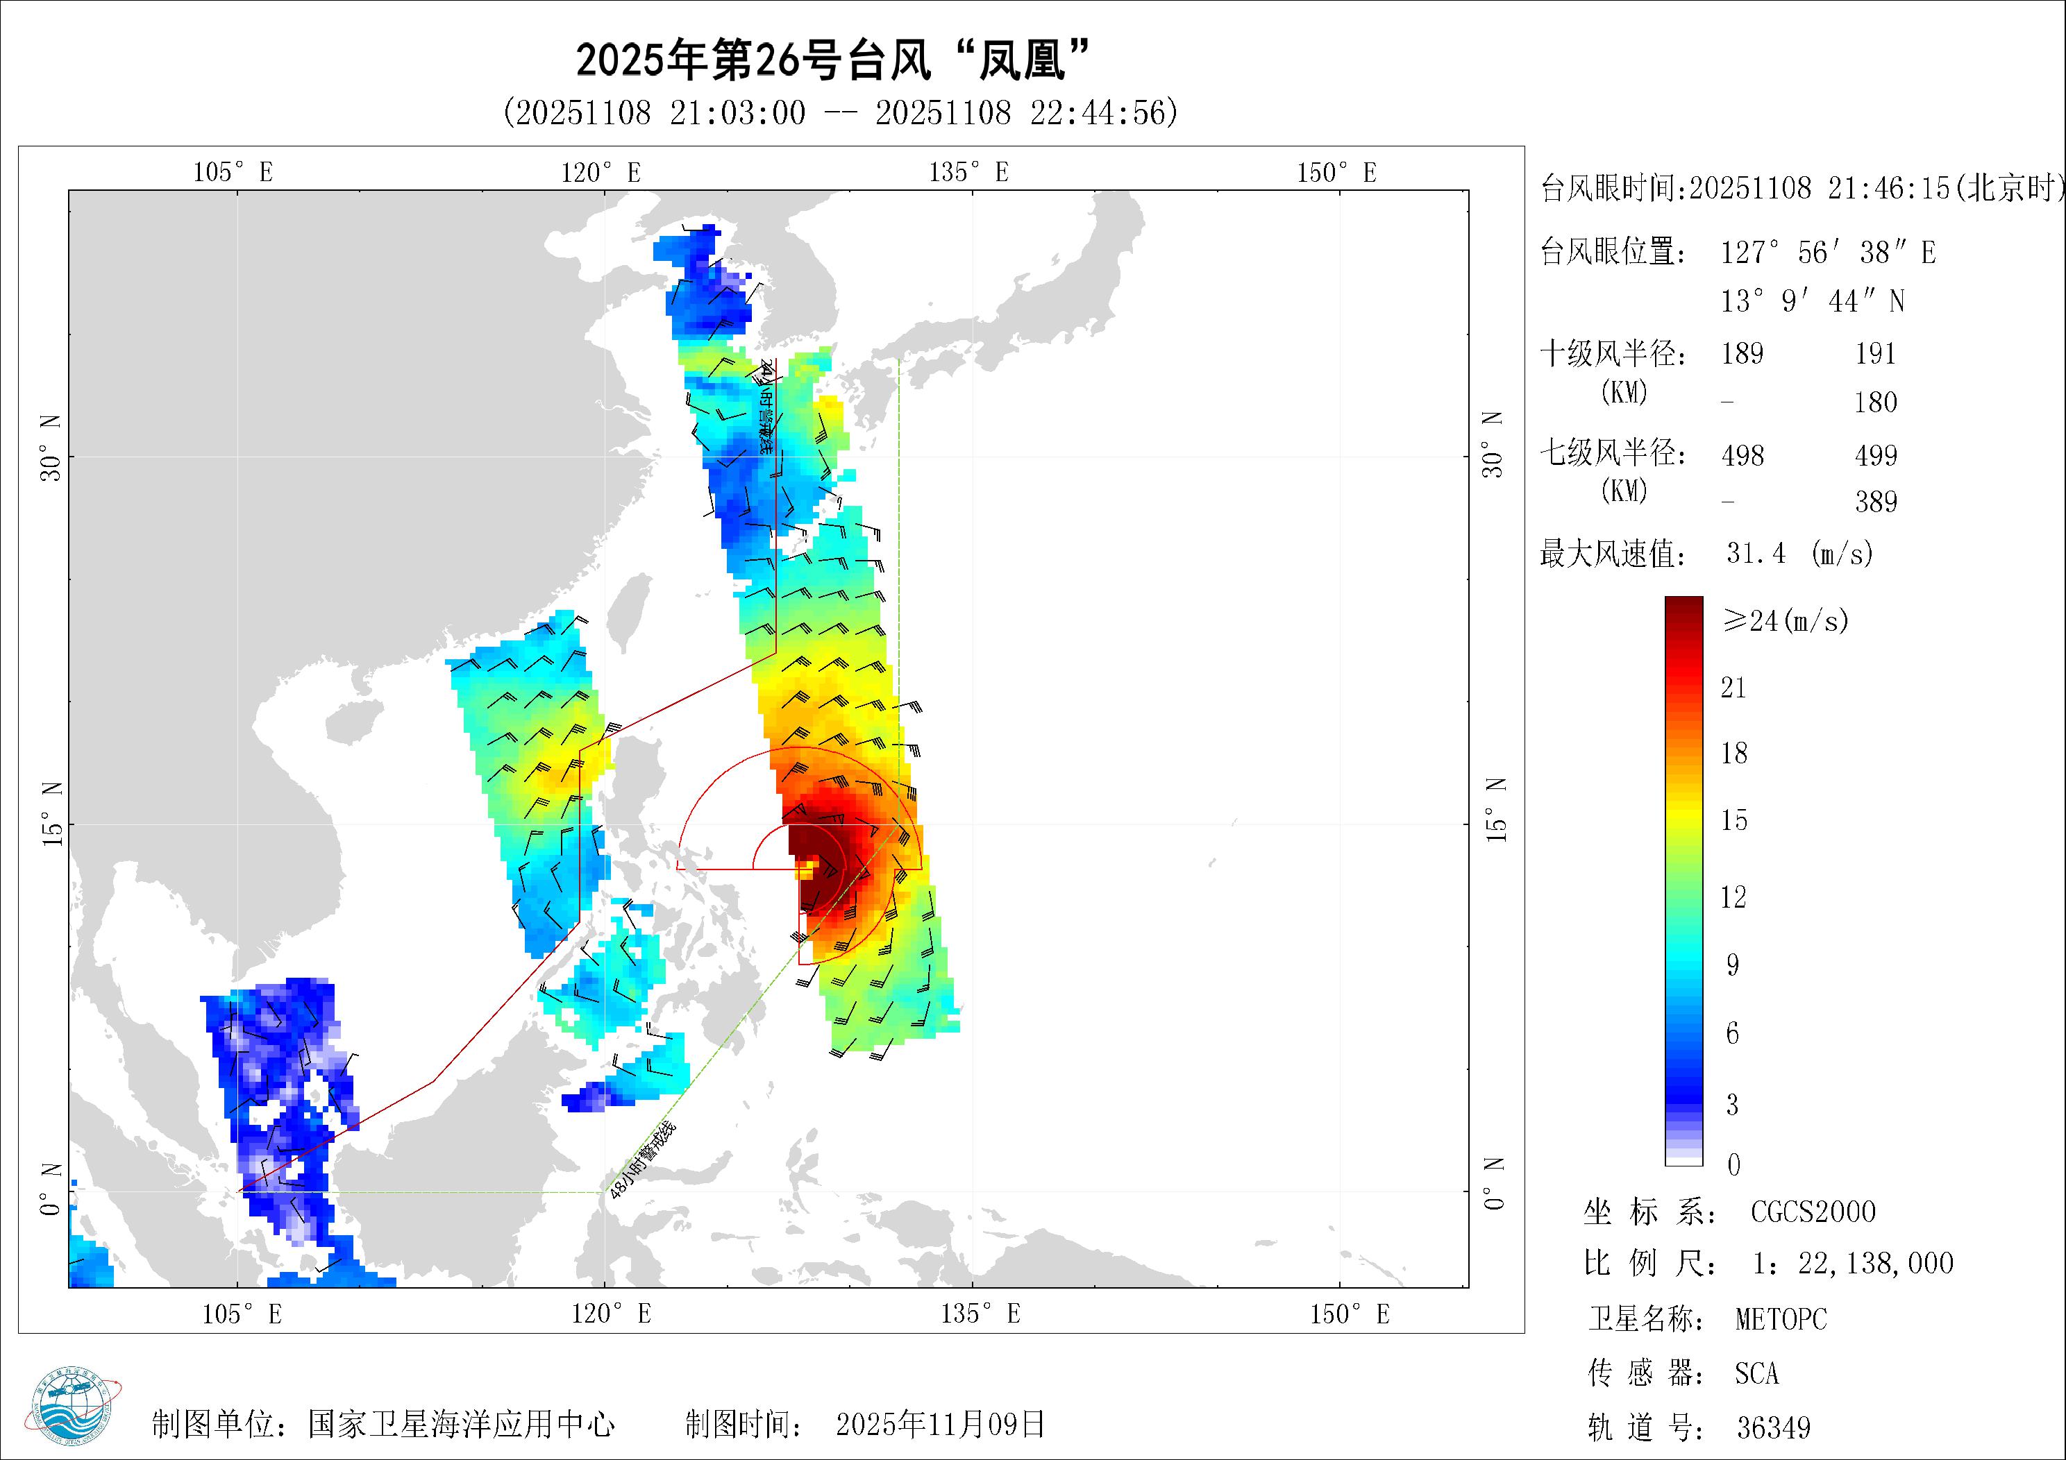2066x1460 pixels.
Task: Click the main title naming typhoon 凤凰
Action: coord(832,60)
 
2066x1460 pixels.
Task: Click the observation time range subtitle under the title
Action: coord(841,113)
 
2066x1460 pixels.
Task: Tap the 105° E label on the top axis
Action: coord(233,172)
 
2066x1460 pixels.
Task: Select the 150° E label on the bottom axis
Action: coord(1349,1314)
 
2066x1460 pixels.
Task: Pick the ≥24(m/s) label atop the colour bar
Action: coord(1786,620)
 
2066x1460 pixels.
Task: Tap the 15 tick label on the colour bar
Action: coord(1733,820)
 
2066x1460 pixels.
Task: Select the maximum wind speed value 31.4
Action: coord(1756,553)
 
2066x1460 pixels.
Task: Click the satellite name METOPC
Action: coord(1781,1320)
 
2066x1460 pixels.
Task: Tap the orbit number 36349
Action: coord(1772,1427)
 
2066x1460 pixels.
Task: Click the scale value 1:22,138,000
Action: coord(1853,1264)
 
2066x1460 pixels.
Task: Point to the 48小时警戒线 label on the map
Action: coord(642,1160)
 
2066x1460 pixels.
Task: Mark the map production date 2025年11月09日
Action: coord(940,1424)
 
